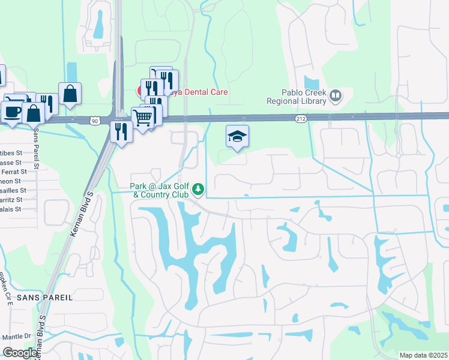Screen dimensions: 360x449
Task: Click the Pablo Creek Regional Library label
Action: (x=304, y=97)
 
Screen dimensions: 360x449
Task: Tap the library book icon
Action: (x=336, y=95)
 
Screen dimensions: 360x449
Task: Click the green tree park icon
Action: (x=198, y=191)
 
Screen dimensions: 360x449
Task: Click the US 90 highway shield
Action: (x=95, y=121)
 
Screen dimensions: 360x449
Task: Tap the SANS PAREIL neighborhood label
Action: (x=44, y=298)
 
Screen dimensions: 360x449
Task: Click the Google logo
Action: (x=19, y=353)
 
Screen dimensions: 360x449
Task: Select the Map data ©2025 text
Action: (x=423, y=355)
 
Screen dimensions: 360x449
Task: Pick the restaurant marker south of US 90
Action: (x=121, y=131)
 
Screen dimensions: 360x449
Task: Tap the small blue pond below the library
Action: (x=312, y=83)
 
